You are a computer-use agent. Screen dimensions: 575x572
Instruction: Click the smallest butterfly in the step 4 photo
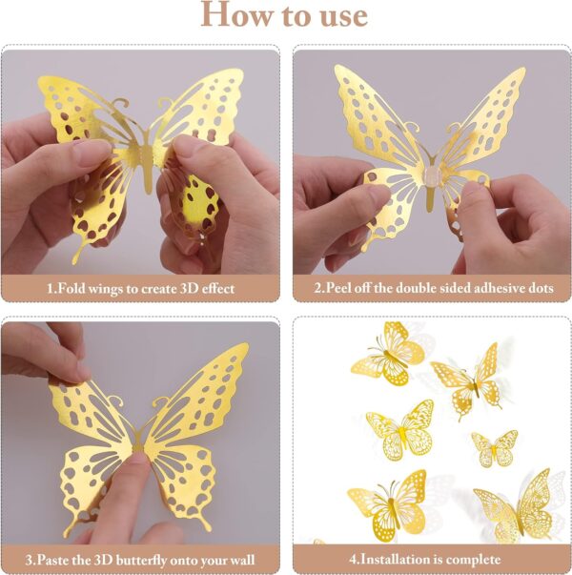coord(495,446)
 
